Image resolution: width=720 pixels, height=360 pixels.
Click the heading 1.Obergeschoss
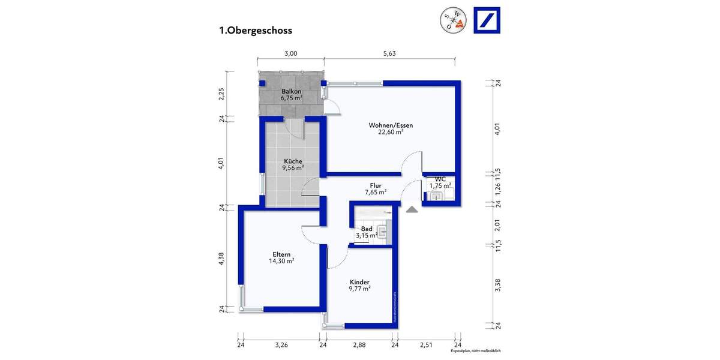click(x=256, y=30)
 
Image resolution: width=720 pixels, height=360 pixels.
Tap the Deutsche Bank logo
click(x=487, y=20)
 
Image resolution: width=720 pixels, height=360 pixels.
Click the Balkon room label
click(x=291, y=91)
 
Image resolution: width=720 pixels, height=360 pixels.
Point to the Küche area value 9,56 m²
click(x=293, y=169)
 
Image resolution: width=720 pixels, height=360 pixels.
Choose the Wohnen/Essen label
click(x=391, y=125)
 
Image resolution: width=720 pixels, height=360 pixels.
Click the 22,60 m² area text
click(x=391, y=133)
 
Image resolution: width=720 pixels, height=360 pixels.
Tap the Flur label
click(x=376, y=185)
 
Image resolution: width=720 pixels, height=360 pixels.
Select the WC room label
click(x=440, y=179)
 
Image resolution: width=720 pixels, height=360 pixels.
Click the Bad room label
click(x=367, y=229)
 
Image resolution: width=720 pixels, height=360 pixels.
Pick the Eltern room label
click(x=281, y=254)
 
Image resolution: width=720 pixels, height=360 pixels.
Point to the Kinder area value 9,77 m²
click(x=359, y=289)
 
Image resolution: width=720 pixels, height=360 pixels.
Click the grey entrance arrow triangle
click(x=412, y=209)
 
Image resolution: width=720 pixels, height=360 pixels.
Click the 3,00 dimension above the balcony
click(x=290, y=53)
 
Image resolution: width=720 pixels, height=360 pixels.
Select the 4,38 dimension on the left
click(x=222, y=258)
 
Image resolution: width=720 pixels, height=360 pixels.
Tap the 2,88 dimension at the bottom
click(x=359, y=345)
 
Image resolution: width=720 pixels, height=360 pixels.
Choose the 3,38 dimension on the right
click(x=497, y=285)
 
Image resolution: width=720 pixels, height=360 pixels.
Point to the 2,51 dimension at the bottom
click(x=426, y=345)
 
